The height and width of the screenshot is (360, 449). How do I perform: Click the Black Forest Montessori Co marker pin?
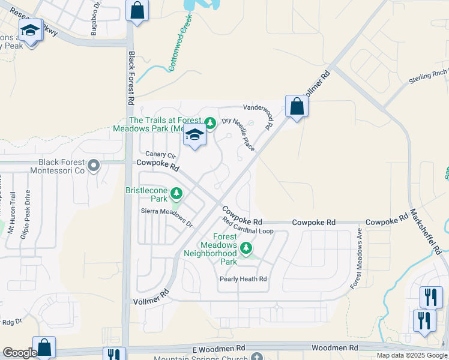pyautogui.click(x=93, y=165)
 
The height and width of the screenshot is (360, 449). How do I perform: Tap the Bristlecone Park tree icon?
pyautogui.click(x=176, y=193)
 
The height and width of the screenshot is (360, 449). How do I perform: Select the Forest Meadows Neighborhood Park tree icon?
pyautogui.click(x=246, y=248)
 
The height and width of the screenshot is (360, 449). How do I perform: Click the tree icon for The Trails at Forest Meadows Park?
pyautogui.click(x=209, y=124)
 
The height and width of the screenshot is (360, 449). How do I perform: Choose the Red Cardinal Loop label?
pyautogui.click(x=247, y=226)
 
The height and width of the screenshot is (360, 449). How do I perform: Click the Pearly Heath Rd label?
pyautogui.click(x=243, y=279)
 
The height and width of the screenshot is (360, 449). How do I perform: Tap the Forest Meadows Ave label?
pyautogui.click(x=357, y=258)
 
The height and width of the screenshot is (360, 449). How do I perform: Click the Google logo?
pyautogui.click(x=19, y=353)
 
